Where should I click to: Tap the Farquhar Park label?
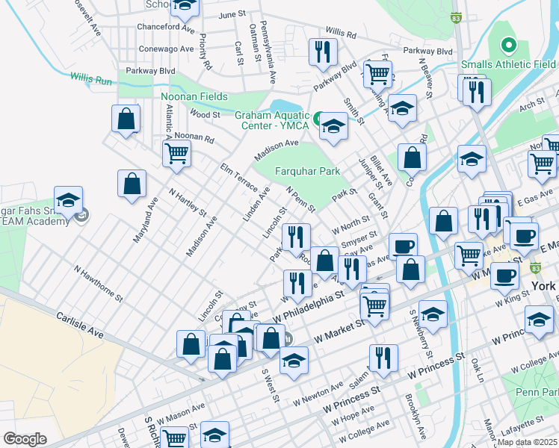[x=309, y=171]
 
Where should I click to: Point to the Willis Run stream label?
[x=90, y=77]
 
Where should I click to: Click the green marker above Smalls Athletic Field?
[x=509, y=47]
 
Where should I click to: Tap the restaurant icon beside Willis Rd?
[x=323, y=51]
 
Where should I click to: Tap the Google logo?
[x=25, y=438]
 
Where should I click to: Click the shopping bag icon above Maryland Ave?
[x=132, y=185]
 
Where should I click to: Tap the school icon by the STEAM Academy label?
[x=68, y=203]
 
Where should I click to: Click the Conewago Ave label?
[x=164, y=50]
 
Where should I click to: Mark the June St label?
[x=232, y=15]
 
